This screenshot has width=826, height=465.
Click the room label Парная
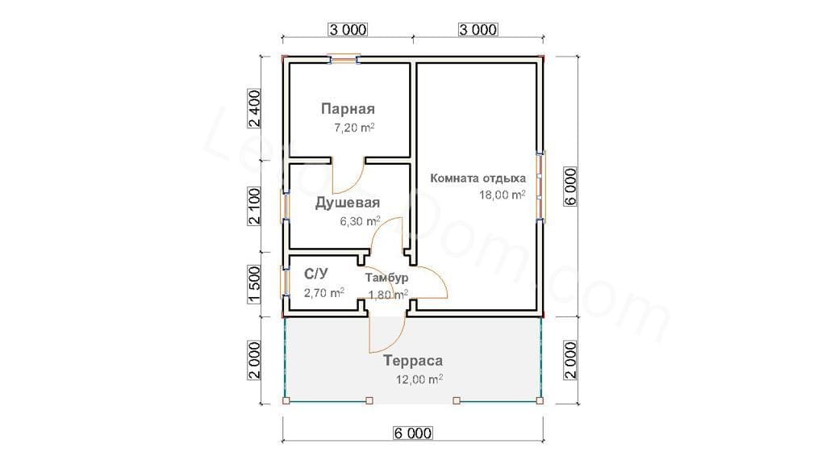(348, 109)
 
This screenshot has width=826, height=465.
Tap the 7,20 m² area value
(354, 128)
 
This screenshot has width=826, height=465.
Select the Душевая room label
(347, 203)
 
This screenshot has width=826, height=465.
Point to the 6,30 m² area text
(360, 221)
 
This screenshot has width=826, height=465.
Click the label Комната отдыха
(478, 178)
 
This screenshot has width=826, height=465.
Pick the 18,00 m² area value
(502, 195)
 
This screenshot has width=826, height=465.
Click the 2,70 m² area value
(324, 292)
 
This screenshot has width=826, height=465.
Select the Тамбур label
(386, 278)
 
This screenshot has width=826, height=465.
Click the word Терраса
(412, 361)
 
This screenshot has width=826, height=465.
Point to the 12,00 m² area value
(419, 379)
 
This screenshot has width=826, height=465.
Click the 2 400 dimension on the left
(254, 109)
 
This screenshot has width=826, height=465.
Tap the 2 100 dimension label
(254, 206)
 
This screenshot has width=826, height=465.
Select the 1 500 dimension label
(254, 285)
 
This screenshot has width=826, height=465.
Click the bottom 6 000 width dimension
(413, 434)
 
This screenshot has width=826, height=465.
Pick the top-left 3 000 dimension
(348, 30)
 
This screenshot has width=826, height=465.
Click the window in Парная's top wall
(344, 59)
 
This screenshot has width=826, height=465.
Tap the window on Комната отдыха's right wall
(540, 185)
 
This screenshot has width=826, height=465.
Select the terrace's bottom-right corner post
(540, 400)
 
